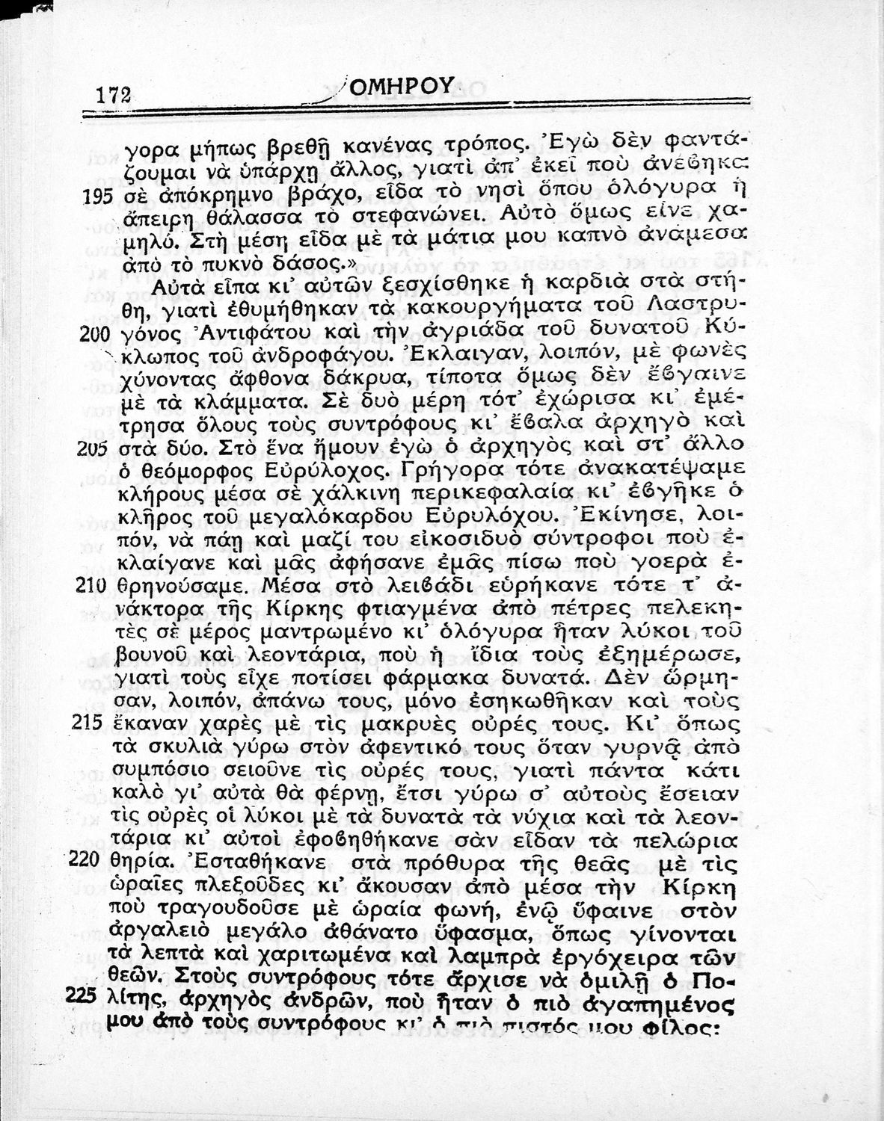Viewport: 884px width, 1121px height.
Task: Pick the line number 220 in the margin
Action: pyautogui.click(x=94, y=859)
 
